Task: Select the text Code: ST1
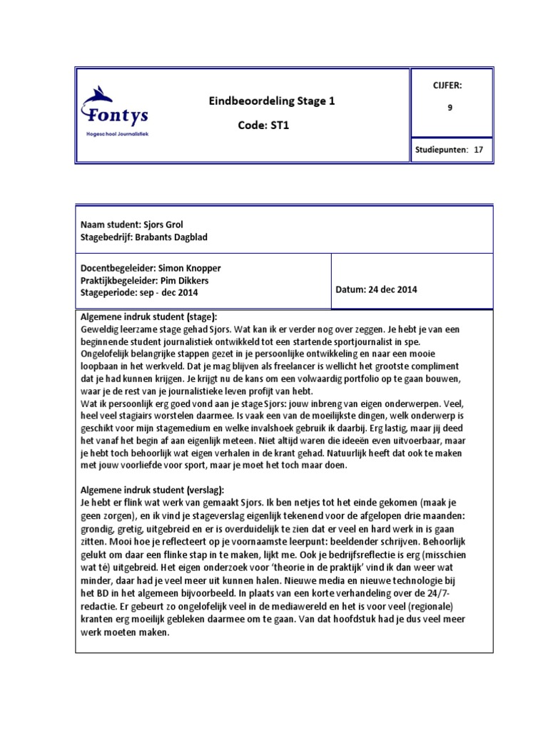pyautogui.click(x=261, y=125)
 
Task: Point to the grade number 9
pyautogui.click(x=450, y=109)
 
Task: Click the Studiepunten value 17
pyautogui.click(x=478, y=150)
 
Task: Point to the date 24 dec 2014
pyautogui.click(x=393, y=289)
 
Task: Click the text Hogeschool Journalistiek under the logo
pyautogui.click(x=117, y=133)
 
